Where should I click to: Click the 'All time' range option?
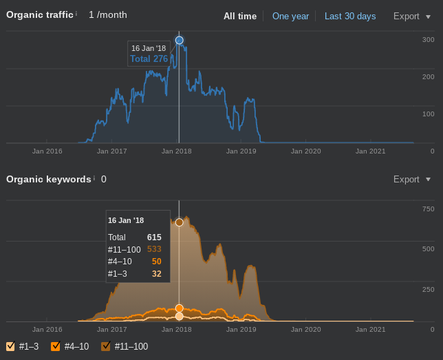tap(240, 16)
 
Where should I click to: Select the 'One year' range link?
tap(290, 16)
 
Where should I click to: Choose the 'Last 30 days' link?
tap(350, 16)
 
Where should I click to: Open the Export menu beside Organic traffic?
tap(411, 16)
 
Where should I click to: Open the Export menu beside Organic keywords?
tap(411, 179)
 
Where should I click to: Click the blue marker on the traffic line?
tap(180, 41)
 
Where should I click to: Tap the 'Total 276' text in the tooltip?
tap(149, 59)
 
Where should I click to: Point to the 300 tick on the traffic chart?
tap(428, 39)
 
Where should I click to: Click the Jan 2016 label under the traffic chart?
tap(47, 151)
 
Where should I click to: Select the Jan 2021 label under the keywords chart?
tap(370, 330)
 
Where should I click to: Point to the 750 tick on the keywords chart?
tap(428, 209)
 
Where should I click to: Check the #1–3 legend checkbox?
tap(10, 346)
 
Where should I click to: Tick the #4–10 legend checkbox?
tap(56, 346)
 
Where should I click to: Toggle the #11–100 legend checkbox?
tap(106, 346)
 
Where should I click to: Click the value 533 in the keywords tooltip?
tap(154, 249)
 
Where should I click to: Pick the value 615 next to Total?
tap(154, 237)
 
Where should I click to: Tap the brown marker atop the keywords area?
tap(180, 222)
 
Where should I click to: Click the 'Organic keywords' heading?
tap(49, 179)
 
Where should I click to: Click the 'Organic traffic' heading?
tap(40, 14)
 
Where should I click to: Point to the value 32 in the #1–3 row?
tap(156, 274)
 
